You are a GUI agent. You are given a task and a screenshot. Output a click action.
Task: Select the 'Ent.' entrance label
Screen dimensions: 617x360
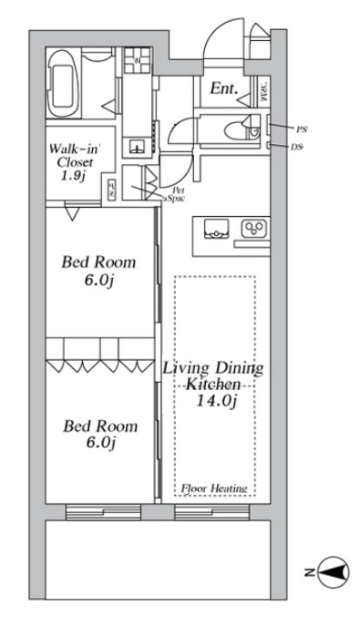pyautogui.click(x=224, y=88)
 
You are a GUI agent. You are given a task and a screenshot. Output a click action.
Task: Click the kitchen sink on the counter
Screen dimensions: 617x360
pyautogui.click(x=214, y=230)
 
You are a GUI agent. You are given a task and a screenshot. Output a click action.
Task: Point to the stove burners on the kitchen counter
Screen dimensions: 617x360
pyautogui.click(x=252, y=230)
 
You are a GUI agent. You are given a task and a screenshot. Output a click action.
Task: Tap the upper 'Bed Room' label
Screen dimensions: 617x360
pyautogui.click(x=98, y=263)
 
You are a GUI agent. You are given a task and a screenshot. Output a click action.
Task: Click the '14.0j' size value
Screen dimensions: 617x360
pyautogui.click(x=215, y=402)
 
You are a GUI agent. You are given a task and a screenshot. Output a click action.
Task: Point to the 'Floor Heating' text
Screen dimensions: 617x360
pyautogui.click(x=215, y=489)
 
